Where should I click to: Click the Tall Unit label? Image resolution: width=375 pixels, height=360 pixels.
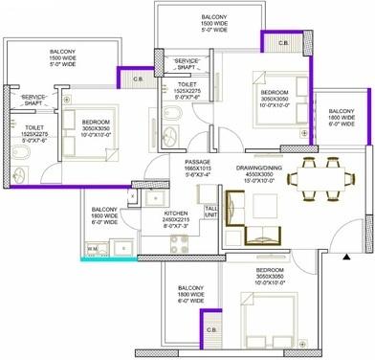pyautogui.click(x=210, y=212)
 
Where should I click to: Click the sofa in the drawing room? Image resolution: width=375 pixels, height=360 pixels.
pyautogui.click(x=259, y=220)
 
